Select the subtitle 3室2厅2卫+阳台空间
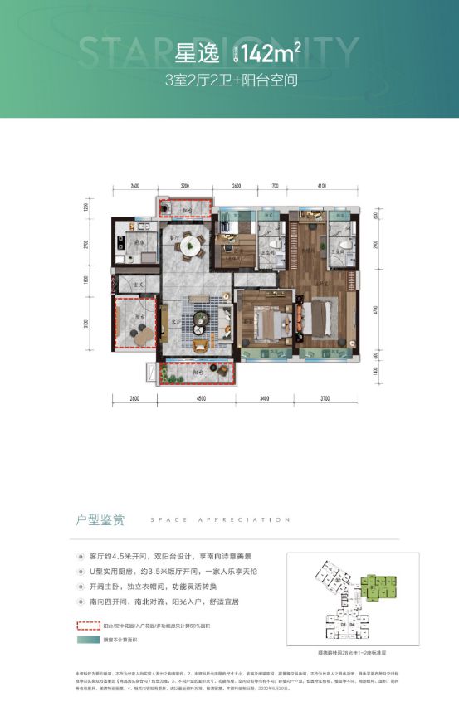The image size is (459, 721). click(x=230, y=81)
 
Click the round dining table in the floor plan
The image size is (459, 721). click(x=193, y=245)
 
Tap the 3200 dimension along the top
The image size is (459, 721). click(x=184, y=187)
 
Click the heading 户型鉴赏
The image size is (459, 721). click(x=96, y=521)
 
